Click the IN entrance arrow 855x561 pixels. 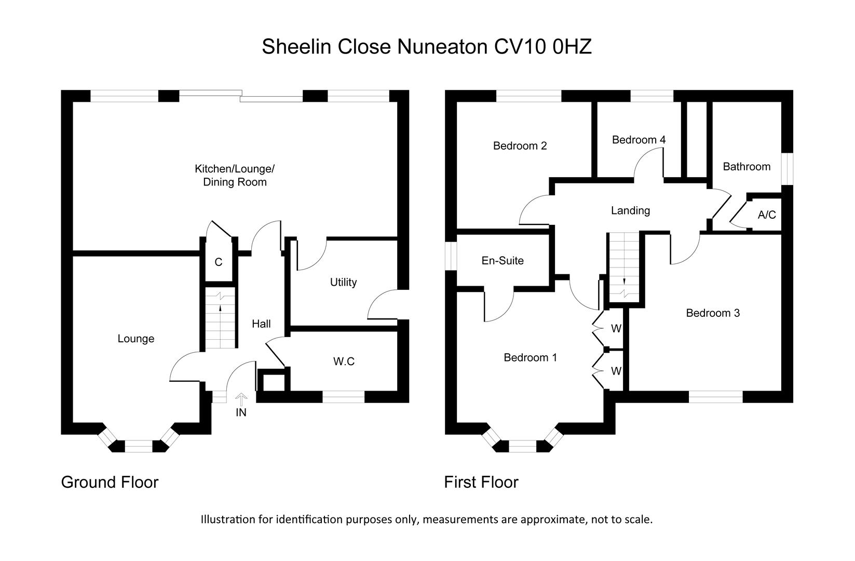241,399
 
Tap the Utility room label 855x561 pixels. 343,282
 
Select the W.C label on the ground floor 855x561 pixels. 344,361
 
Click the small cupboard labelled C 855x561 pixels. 219,262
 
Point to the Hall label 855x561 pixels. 261,324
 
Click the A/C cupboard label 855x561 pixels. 767,215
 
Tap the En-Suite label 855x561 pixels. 503,260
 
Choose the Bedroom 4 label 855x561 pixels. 639,140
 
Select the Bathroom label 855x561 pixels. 747,167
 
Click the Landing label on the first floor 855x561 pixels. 630,210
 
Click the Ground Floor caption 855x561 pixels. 110,483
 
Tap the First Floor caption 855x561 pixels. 481,483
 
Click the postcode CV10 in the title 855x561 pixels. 520,47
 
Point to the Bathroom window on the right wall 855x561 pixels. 787,169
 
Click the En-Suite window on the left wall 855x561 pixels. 451,256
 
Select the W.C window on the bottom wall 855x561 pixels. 344,397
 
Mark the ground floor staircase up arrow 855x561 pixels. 220,309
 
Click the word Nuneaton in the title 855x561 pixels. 442,47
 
